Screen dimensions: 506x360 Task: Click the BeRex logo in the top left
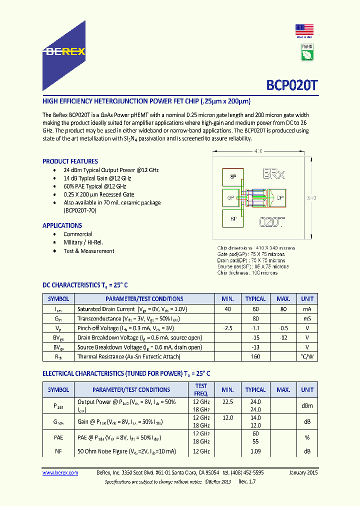pos(63,51)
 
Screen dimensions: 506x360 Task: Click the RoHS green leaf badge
pos(307,51)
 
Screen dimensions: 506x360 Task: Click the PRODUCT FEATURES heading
pos(70,161)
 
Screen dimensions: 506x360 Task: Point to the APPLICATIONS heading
pos(62,225)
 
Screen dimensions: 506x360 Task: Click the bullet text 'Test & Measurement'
pos(88,251)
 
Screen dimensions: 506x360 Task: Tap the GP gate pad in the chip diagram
pos(231,197)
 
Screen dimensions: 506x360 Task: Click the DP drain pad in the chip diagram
pos(279,197)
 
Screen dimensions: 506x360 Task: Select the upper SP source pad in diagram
pos(232,177)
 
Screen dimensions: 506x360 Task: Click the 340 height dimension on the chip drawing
pos(311,198)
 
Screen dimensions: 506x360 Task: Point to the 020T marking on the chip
pos(271,222)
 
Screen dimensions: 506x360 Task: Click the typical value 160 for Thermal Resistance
pos(255,357)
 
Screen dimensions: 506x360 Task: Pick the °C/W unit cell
pos(307,357)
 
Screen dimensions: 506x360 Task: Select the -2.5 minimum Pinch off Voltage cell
pos(227,328)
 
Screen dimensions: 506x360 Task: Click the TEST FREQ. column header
pos(201,389)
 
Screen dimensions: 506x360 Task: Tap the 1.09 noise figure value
pos(255,451)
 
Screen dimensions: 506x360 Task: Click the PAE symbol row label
pos(58,437)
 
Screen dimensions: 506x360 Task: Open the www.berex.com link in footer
pos(60,472)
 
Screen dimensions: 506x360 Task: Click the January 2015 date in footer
pos(303,472)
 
